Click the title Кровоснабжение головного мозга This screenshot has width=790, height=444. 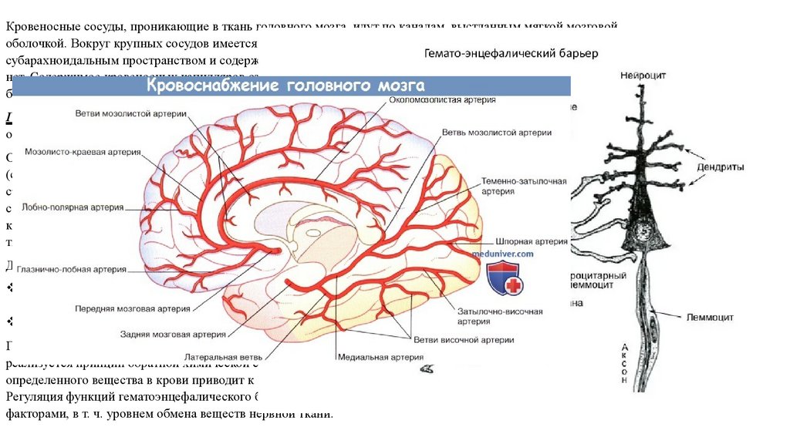[286, 86]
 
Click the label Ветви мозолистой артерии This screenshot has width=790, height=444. [130, 114]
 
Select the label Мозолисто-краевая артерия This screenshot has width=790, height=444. [83, 152]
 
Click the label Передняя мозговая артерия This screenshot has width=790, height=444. [131, 308]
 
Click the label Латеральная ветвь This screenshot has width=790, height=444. [223, 358]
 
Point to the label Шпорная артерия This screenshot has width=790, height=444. [530, 240]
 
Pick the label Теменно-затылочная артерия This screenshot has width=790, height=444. [523, 186]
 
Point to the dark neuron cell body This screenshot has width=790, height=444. [643, 228]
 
